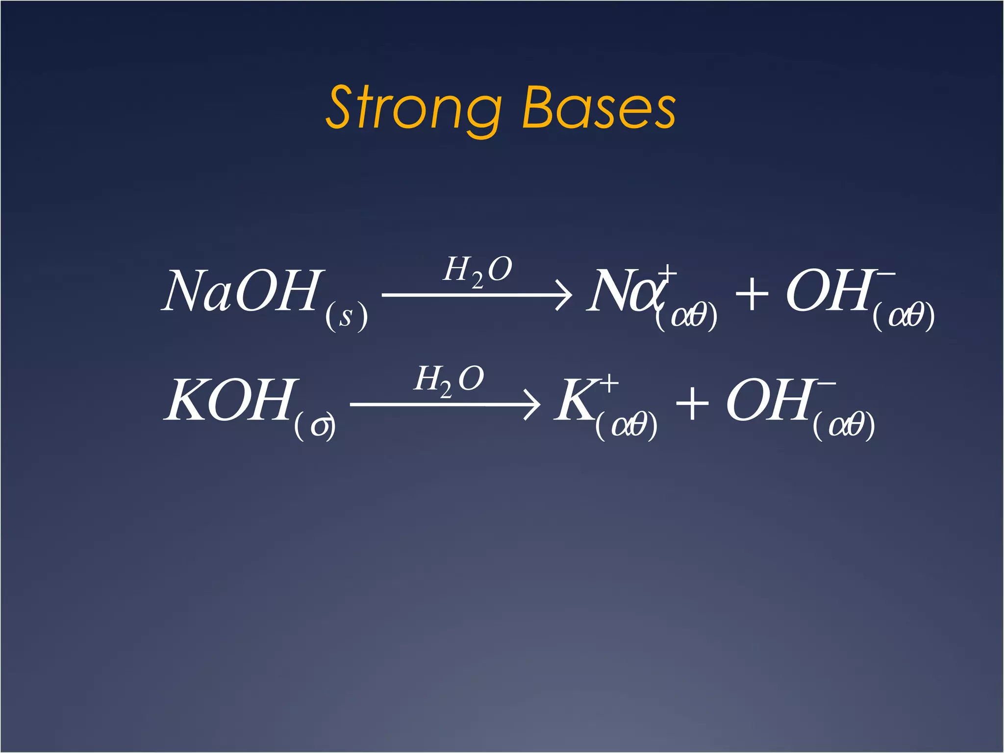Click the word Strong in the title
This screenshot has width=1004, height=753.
tap(413, 108)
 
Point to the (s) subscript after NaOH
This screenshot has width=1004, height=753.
tap(346, 316)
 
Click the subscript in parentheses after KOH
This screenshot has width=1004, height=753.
tap(315, 426)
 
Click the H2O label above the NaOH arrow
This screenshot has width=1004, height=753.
tap(477, 271)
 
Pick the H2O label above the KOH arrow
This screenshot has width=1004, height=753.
tap(449, 380)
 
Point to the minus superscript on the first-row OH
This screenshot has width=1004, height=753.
tap(886, 274)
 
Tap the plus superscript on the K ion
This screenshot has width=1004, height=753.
tap(609, 384)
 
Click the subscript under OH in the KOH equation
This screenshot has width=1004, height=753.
tap(844, 426)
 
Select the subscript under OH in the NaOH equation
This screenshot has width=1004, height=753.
tap(904, 316)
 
